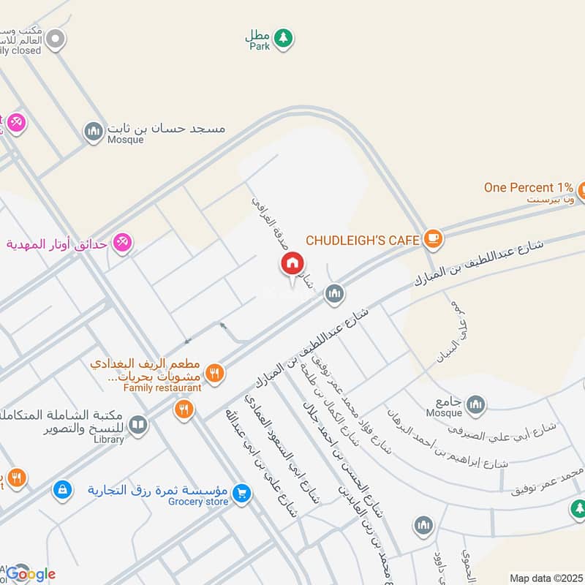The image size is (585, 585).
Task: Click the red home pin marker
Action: (292, 264)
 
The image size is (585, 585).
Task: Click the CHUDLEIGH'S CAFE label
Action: (362, 240)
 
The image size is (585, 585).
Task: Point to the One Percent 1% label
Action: (528, 187)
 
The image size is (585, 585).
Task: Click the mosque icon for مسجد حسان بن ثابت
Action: (93, 132)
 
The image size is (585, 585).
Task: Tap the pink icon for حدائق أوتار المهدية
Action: (122, 244)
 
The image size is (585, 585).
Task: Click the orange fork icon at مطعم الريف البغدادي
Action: (214, 373)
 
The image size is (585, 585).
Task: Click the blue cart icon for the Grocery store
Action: (242, 494)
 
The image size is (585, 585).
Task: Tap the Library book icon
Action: (137, 424)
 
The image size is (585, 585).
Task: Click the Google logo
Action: (31, 574)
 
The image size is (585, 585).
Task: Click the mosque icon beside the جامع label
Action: (475, 404)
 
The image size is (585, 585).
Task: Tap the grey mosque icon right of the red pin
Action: (335, 294)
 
